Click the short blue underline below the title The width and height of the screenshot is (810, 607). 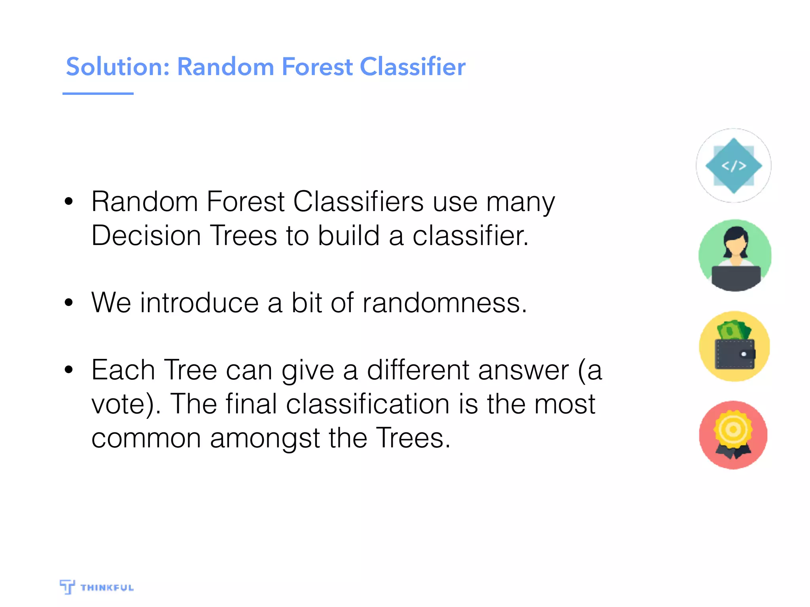coord(98,94)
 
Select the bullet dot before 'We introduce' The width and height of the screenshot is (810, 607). coord(69,303)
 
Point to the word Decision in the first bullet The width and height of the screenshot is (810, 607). coord(146,236)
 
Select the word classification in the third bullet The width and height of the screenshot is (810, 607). coord(367,404)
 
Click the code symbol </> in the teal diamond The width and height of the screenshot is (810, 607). coord(734,166)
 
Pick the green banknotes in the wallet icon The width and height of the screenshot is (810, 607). coord(734,330)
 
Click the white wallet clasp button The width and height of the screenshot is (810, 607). coord(744,354)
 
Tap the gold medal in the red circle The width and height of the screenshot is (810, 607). coord(733,430)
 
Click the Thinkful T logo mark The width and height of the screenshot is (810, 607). coord(67,586)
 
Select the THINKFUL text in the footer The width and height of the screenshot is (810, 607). coord(107,588)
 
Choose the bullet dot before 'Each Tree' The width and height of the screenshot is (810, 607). coord(69,370)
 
